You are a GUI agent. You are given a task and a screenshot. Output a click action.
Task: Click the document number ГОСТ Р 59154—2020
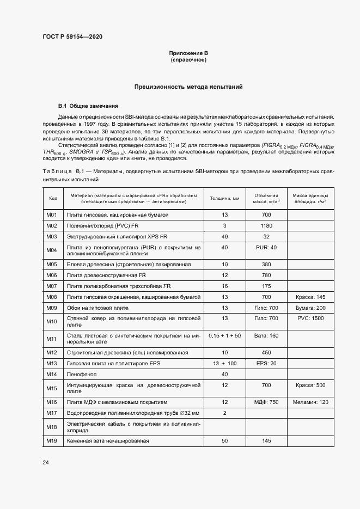pyautogui.click(x=72, y=37)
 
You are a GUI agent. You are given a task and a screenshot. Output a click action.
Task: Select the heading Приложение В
pyautogui.click(x=188, y=53)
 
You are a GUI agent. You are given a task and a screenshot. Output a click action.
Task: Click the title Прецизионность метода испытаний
pyautogui.click(x=188, y=87)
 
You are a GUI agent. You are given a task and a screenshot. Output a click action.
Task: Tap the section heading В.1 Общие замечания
pyautogui.click(x=84, y=106)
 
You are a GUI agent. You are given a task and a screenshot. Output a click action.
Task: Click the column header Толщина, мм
pyautogui.click(x=224, y=198)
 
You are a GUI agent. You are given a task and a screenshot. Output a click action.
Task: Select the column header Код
pyautogui.click(x=53, y=198)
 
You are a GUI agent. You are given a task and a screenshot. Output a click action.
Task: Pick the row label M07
pyautogui.click(x=52, y=286)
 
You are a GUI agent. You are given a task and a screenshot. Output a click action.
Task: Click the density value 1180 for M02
pyautogui.click(x=266, y=226)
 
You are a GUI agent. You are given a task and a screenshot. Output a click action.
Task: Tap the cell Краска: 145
pyautogui.click(x=310, y=297)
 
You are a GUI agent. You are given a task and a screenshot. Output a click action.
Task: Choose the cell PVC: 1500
pyautogui.click(x=310, y=318)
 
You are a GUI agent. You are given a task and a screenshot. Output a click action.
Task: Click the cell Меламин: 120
pyautogui.click(x=310, y=402)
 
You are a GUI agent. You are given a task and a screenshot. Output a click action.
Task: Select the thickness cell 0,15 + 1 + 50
pyautogui.click(x=224, y=336)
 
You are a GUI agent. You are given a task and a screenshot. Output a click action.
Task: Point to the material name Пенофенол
pyautogui.click(x=80, y=374)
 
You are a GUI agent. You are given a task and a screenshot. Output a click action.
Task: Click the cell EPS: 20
pyautogui.click(x=266, y=363)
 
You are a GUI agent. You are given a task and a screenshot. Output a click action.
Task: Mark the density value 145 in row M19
pyautogui.click(x=266, y=440)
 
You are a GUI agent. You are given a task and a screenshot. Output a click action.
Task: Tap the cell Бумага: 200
pyautogui.click(x=310, y=308)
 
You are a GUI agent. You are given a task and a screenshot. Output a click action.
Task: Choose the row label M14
pyautogui.click(x=52, y=374)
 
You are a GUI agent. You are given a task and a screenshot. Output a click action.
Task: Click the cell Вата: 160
pyautogui.click(x=266, y=336)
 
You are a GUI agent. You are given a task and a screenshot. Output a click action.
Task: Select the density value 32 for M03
pyautogui.click(x=266, y=237)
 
